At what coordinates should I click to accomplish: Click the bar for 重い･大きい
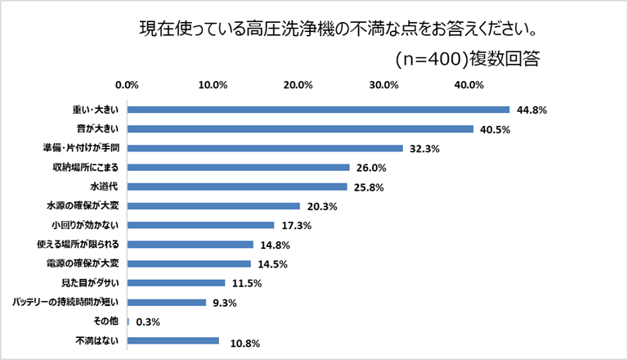point(319,110)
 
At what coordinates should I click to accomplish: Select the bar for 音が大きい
point(301,129)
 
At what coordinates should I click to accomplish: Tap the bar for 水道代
point(238,187)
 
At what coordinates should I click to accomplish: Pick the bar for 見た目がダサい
point(177,283)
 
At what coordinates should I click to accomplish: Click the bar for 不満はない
point(173,340)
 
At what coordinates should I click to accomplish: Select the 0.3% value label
point(147,322)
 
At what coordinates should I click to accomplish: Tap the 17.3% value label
point(295,225)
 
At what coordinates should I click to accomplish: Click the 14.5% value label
point(271,263)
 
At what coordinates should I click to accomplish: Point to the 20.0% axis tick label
point(298,84)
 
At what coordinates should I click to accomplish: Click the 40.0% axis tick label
point(470,84)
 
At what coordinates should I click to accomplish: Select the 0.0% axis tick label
point(128,84)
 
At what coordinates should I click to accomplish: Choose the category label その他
point(109,322)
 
